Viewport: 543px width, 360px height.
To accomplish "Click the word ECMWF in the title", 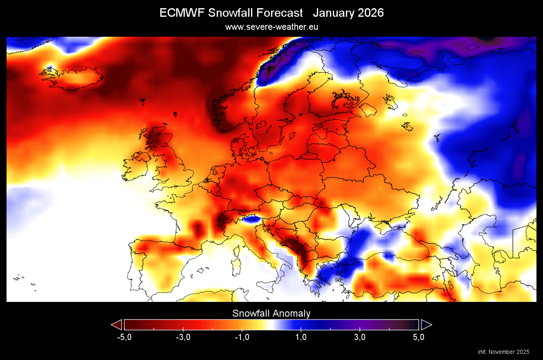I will tap(182, 13).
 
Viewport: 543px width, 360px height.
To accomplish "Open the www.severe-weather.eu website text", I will tap(271, 27).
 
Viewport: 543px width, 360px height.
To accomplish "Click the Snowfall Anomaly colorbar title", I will tap(271, 313).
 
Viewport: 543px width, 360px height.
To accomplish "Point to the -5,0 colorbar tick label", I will tap(124, 337).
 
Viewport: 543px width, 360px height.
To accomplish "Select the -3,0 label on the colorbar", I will tap(183, 337).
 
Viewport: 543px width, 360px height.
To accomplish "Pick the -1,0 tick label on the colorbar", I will tap(242, 337).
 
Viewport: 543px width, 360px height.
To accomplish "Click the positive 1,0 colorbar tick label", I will tap(301, 337).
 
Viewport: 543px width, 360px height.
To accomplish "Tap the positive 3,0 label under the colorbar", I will tap(360, 337).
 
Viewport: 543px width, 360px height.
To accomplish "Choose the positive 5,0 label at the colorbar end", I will tap(418, 337).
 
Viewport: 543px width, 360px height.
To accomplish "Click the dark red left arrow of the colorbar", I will tap(117, 325).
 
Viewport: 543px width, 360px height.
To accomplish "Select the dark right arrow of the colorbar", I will tap(426, 325).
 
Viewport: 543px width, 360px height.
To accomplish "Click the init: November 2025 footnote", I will tap(503, 352).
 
